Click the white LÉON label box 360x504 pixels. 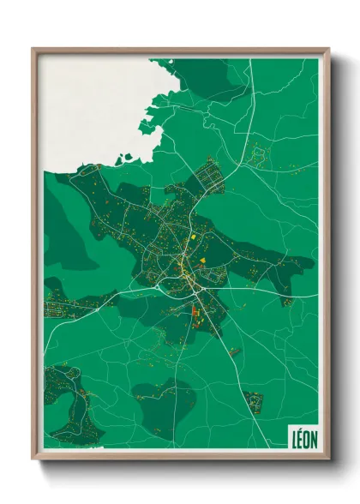(301, 435)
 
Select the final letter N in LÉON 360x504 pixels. (313, 436)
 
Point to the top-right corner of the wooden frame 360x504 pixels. (327, 50)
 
